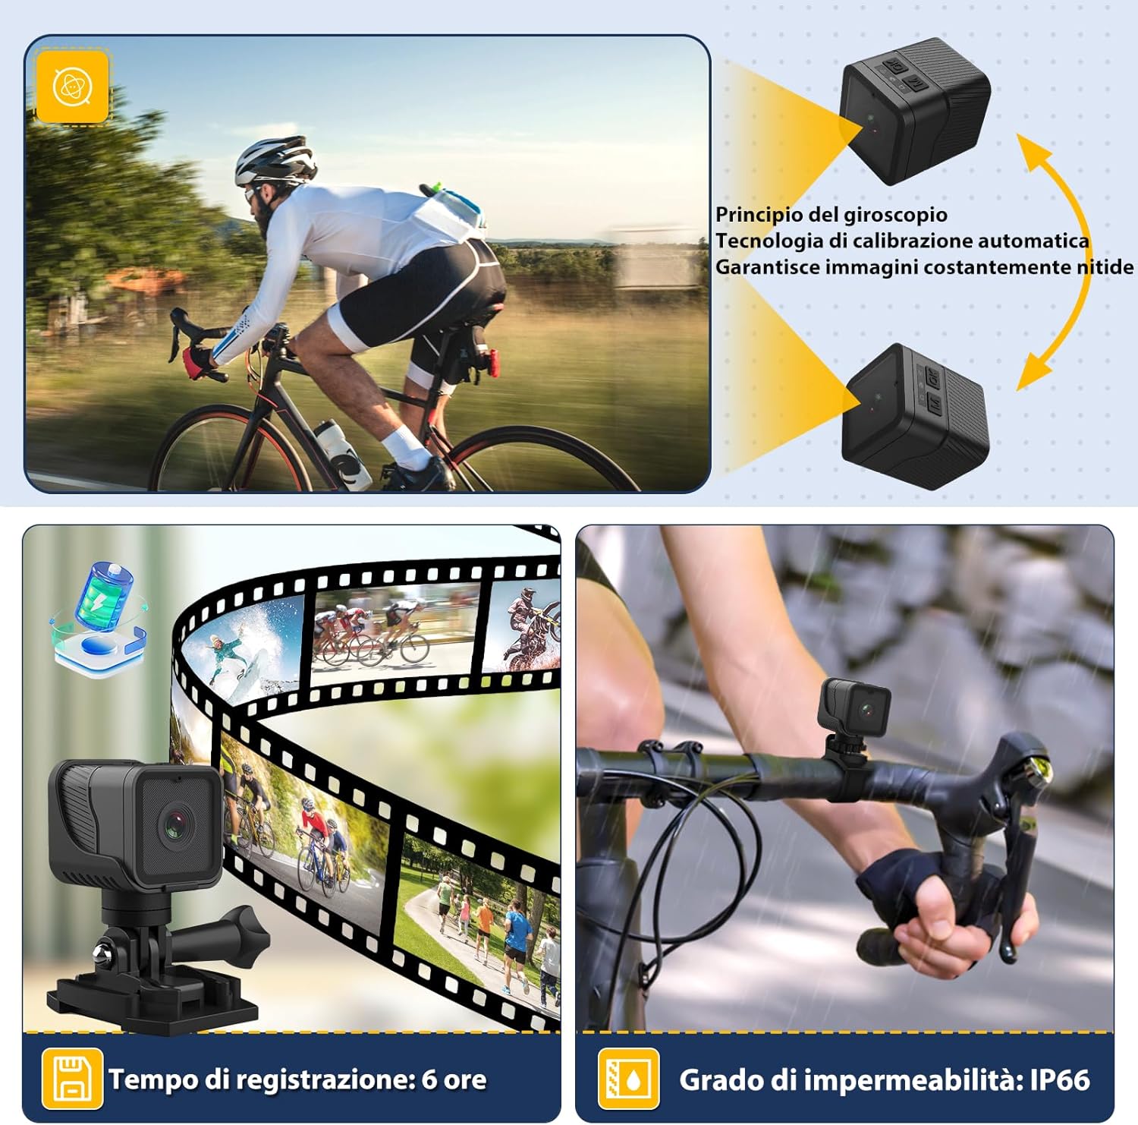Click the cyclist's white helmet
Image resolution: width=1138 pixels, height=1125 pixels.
[x=274, y=159]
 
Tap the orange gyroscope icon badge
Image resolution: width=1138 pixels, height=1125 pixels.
[x=73, y=86]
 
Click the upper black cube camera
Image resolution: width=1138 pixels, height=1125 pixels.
[x=914, y=110]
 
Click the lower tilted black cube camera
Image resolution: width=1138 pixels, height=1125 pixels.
[x=916, y=418]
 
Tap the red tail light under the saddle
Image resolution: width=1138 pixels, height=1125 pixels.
[x=493, y=363]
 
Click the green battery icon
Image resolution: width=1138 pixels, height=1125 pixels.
[x=104, y=596]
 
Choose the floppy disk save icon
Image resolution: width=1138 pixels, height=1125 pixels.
[x=72, y=1079]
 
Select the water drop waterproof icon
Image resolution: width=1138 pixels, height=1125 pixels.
[x=628, y=1079]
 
